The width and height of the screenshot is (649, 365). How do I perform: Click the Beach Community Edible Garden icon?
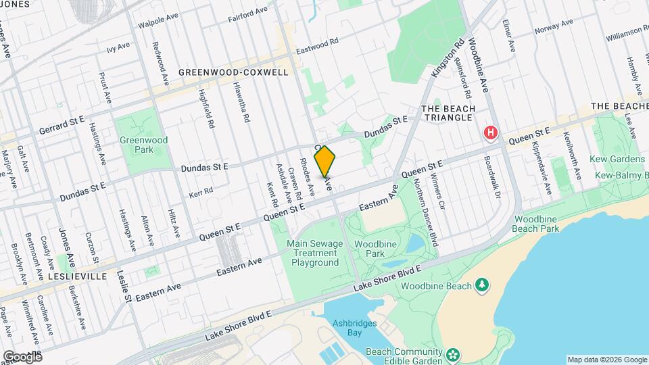452,353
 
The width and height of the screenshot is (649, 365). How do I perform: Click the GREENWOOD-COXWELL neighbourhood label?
233,72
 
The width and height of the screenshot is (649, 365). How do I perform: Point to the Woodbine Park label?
370,248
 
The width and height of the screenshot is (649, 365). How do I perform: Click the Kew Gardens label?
620,159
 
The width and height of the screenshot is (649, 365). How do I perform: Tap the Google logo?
22,356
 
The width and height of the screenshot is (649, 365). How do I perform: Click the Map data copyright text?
606,359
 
